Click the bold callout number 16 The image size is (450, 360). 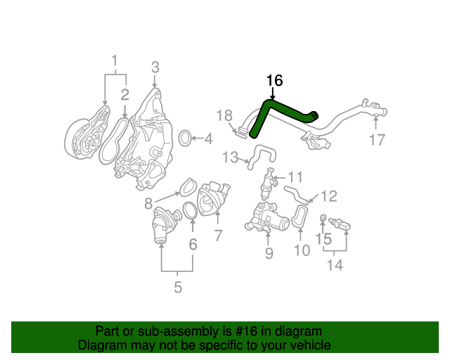[x=274, y=81]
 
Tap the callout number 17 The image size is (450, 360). [x=377, y=140]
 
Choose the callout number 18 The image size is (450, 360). [x=224, y=115]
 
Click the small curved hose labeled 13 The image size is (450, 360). [x=261, y=154]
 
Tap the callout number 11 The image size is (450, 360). [x=295, y=176]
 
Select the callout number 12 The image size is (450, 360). [x=329, y=196]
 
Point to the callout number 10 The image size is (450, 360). [x=301, y=250]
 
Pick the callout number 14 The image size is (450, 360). [x=335, y=265]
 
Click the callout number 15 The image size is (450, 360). [x=323, y=240]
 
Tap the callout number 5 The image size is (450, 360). [x=177, y=287]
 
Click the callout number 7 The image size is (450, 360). [x=218, y=234]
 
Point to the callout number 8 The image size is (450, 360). [x=148, y=204]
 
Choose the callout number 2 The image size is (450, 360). [x=124, y=94]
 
